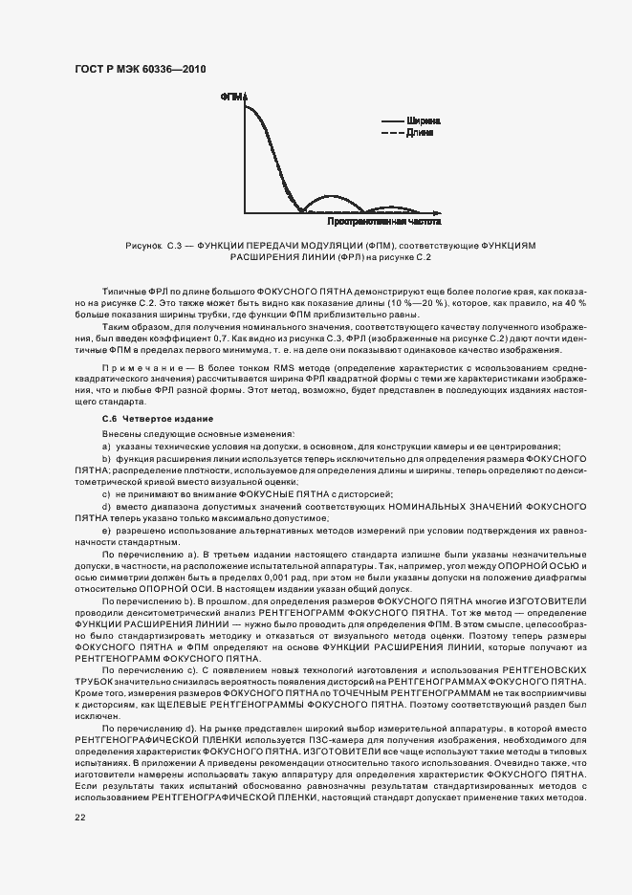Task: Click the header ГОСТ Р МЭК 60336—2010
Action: pyautogui.click(x=140, y=70)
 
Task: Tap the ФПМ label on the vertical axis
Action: pyautogui.click(x=232, y=97)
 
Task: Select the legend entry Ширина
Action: pyautogui.click(x=423, y=121)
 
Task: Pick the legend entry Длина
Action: pyautogui.click(x=420, y=133)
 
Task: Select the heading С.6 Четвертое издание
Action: pyautogui.click(x=158, y=420)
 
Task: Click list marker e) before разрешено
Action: pyautogui.click(x=106, y=530)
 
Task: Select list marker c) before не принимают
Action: pyautogui.click(x=106, y=493)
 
